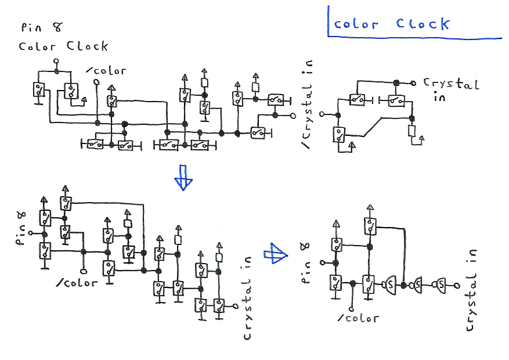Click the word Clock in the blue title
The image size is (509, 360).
pos(423,24)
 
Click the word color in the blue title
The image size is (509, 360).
pos(356,24)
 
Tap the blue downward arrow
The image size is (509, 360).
pos(183,177)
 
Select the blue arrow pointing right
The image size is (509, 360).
pos(276,253)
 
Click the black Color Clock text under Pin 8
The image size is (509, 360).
pos(63,46)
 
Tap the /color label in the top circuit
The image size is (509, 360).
pos(107,71)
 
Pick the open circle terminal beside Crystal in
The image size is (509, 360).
pos(414,82)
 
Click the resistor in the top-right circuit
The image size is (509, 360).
pos(411,131)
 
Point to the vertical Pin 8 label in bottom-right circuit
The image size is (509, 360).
pos(308,262)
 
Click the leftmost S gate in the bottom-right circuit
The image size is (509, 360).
pos(389,285)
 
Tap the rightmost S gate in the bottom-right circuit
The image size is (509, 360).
pos(442,285)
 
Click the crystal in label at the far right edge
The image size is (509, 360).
pos(472,290)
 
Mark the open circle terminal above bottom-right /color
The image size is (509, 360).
pos(352,307)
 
